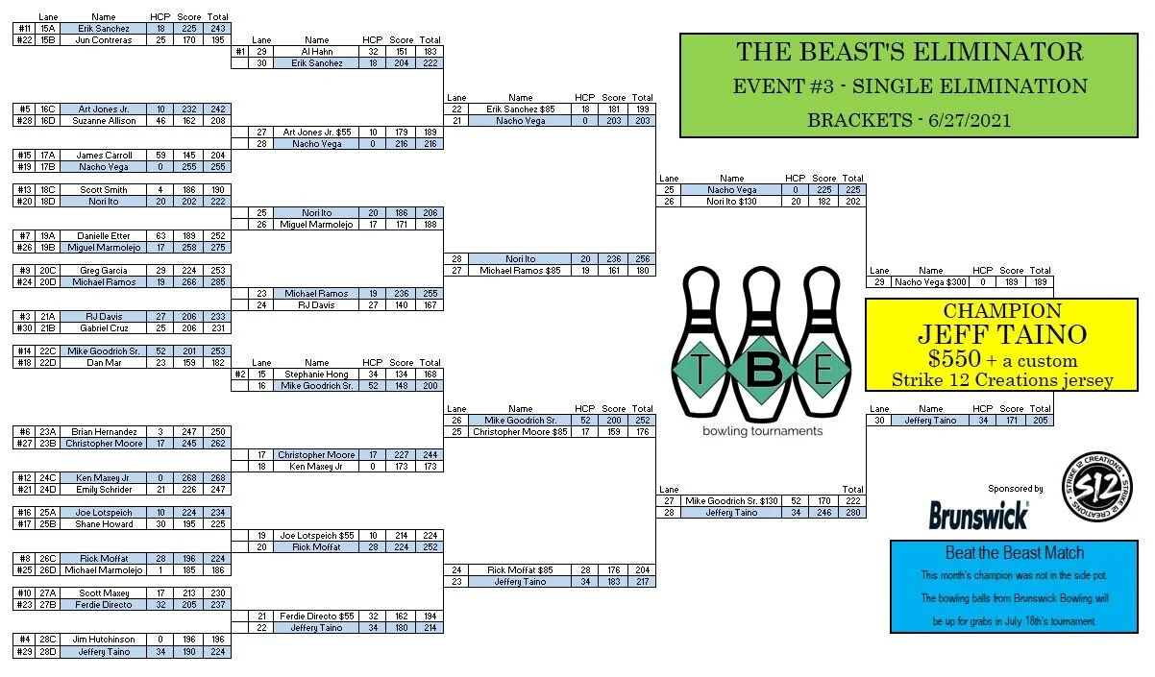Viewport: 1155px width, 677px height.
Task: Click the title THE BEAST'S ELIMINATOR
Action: click(x=909, y=52)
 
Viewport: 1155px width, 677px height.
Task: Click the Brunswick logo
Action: click(x=978, y=515)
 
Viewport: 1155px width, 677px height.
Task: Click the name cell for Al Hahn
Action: click(x=316, y=52)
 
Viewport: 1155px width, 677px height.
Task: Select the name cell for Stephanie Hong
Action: click(x=316, y=375)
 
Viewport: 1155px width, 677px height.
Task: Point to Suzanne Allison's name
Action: click(x=104, y=121)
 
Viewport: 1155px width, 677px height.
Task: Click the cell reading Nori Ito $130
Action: click(x=732, y=202)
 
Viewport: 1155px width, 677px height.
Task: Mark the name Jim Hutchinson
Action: click(x=104, y=640)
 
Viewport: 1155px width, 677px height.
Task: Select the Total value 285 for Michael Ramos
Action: click(x=219, y=282)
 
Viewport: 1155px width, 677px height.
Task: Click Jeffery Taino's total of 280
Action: click(x=851, y=513)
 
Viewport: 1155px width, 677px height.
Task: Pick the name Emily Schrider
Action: click(x=104, y=490)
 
